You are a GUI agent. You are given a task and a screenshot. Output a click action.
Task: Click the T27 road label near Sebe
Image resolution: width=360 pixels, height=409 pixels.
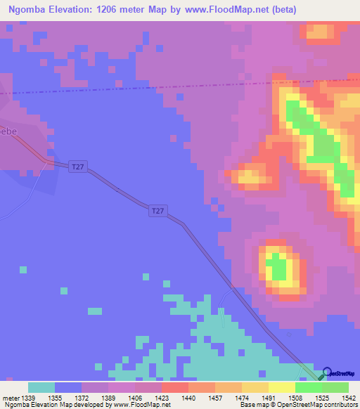click(79, 167)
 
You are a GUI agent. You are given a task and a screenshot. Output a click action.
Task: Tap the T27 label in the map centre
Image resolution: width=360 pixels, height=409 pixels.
click(158, 210)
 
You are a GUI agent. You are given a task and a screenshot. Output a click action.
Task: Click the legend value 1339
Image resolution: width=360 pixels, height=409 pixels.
click(28, 398)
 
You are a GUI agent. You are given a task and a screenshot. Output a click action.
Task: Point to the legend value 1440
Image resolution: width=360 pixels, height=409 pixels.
click(188, 398)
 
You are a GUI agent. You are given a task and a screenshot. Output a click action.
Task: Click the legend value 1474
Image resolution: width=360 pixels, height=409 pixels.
click(241, 398)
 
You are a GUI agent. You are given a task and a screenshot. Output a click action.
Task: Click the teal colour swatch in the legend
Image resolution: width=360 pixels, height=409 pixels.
click(41, 387)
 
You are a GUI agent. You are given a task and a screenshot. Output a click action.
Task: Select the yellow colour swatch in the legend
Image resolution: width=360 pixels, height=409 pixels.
click(281, 387)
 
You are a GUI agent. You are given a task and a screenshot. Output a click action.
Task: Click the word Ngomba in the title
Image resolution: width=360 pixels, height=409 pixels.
click(30, 10)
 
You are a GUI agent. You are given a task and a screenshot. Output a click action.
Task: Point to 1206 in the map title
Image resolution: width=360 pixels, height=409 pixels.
click(130, 10)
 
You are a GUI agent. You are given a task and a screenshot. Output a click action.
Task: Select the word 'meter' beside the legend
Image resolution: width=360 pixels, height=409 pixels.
click(11, 398)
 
